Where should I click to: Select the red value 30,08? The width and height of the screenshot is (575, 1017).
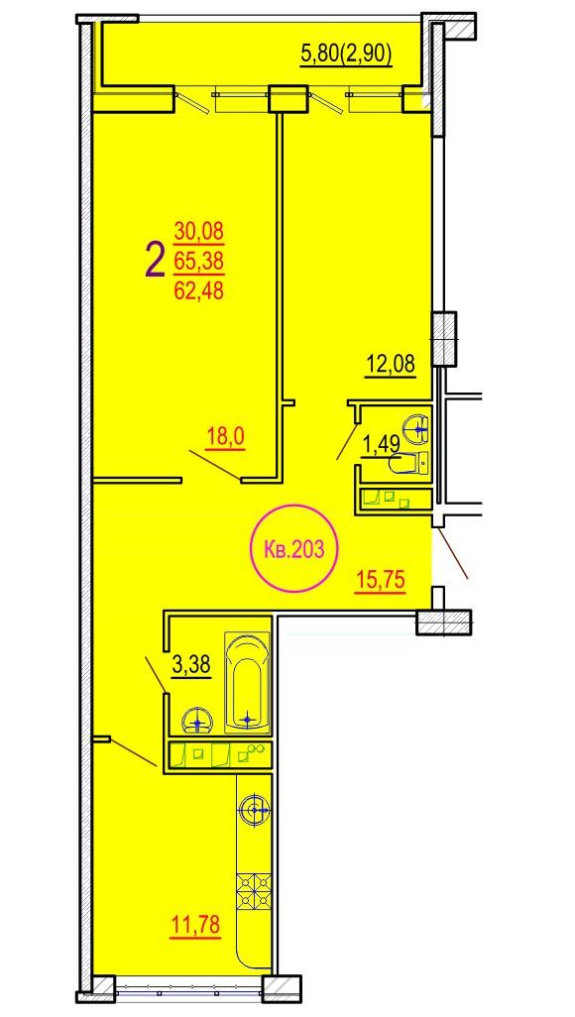198,230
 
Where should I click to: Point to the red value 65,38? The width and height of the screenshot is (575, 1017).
198,261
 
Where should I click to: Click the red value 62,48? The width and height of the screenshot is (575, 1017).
198,291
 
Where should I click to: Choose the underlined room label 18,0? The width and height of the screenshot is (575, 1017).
225,438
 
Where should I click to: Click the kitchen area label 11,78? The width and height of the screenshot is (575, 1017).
195,926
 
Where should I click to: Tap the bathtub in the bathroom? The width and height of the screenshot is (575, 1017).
247,682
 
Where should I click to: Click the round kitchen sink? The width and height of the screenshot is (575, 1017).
255,810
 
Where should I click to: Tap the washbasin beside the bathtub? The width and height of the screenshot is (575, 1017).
197,721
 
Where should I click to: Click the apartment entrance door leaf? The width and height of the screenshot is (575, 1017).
452,552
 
